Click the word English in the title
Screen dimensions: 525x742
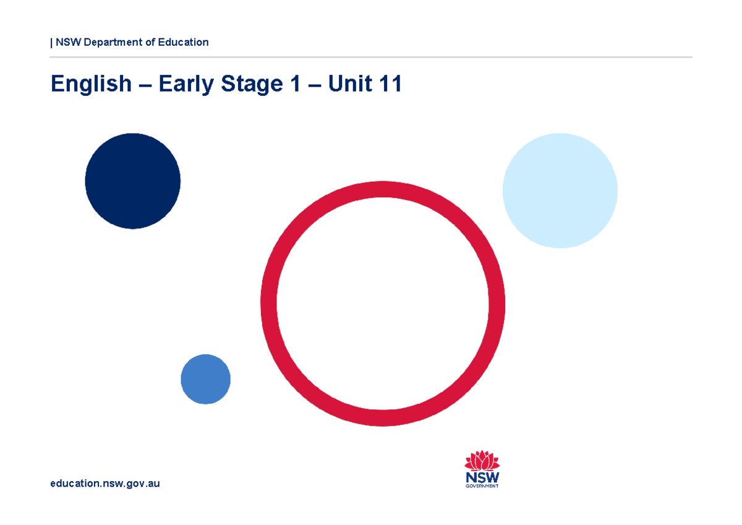[91, 83]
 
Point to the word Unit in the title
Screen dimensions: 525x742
[350, 83]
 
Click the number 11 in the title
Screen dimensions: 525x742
[390, 83]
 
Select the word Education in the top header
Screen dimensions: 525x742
[183, 42]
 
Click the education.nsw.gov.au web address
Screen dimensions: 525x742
[105, 484]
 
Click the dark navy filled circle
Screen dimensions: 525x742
[132, 181]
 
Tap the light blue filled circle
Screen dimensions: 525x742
[560, 190]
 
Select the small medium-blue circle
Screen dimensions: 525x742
[205, 379]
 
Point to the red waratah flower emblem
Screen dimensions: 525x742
[482, 461]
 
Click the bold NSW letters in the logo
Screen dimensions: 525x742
[482, 477]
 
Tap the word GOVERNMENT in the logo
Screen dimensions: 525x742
[482, 486]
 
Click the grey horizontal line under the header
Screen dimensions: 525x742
[371, 57]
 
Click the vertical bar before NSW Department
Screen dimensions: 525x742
[51, 42]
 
